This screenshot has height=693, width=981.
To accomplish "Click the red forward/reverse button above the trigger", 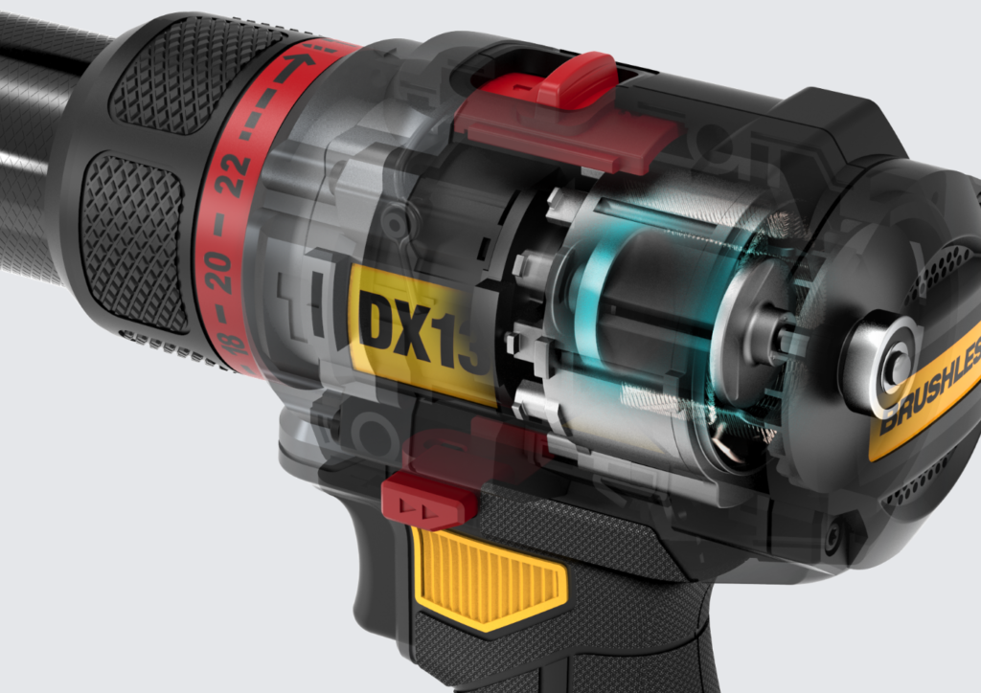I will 428,500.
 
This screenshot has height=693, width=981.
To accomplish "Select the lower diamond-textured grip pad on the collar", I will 134,239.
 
